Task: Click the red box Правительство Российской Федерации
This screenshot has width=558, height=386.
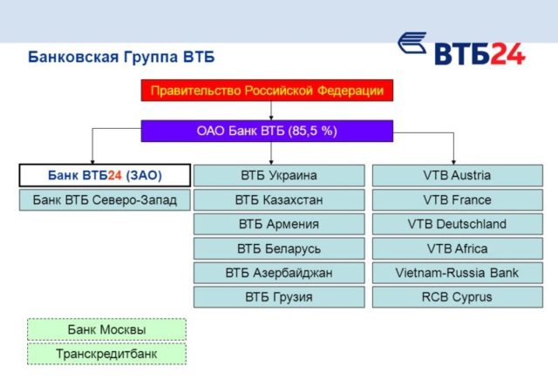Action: [267, 91]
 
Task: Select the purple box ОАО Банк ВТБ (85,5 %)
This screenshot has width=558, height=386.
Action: [267, 132]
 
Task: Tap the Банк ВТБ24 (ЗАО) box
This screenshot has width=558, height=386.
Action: [105, 175]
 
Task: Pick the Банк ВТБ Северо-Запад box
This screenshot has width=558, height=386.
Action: [105, 200]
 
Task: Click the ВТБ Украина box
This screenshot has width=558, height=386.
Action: [279, 175]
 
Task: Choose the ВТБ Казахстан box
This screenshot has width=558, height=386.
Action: [279, 200]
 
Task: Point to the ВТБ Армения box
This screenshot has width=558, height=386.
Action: [279, 224]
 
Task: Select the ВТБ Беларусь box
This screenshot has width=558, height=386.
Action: [279, 248]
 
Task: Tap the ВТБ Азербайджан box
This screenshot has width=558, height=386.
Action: [279, 273]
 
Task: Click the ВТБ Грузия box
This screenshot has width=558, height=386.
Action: [279, 297]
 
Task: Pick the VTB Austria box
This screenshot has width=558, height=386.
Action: [456, 175]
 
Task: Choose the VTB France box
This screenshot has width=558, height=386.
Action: [456, 200]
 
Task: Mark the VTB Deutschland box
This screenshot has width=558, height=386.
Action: [456, 224]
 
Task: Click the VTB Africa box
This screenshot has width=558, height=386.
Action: [456, 248]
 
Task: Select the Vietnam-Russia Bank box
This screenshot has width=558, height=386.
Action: [456, 273]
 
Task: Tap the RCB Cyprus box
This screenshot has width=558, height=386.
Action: [456, 297]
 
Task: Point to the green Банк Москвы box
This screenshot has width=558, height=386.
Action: [106, 329]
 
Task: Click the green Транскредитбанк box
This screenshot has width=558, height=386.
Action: [106, 354]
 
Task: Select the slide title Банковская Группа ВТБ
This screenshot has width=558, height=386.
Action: [121, 58]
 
